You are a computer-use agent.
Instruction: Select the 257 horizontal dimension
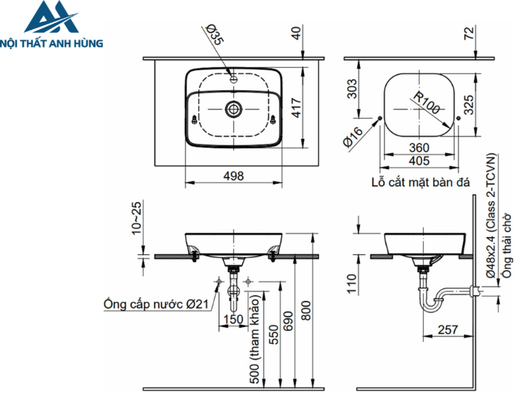(x=447, y=329)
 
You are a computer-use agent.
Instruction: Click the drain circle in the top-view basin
(x=233, y=109)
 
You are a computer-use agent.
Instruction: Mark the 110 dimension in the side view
(x=351, y=282)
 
